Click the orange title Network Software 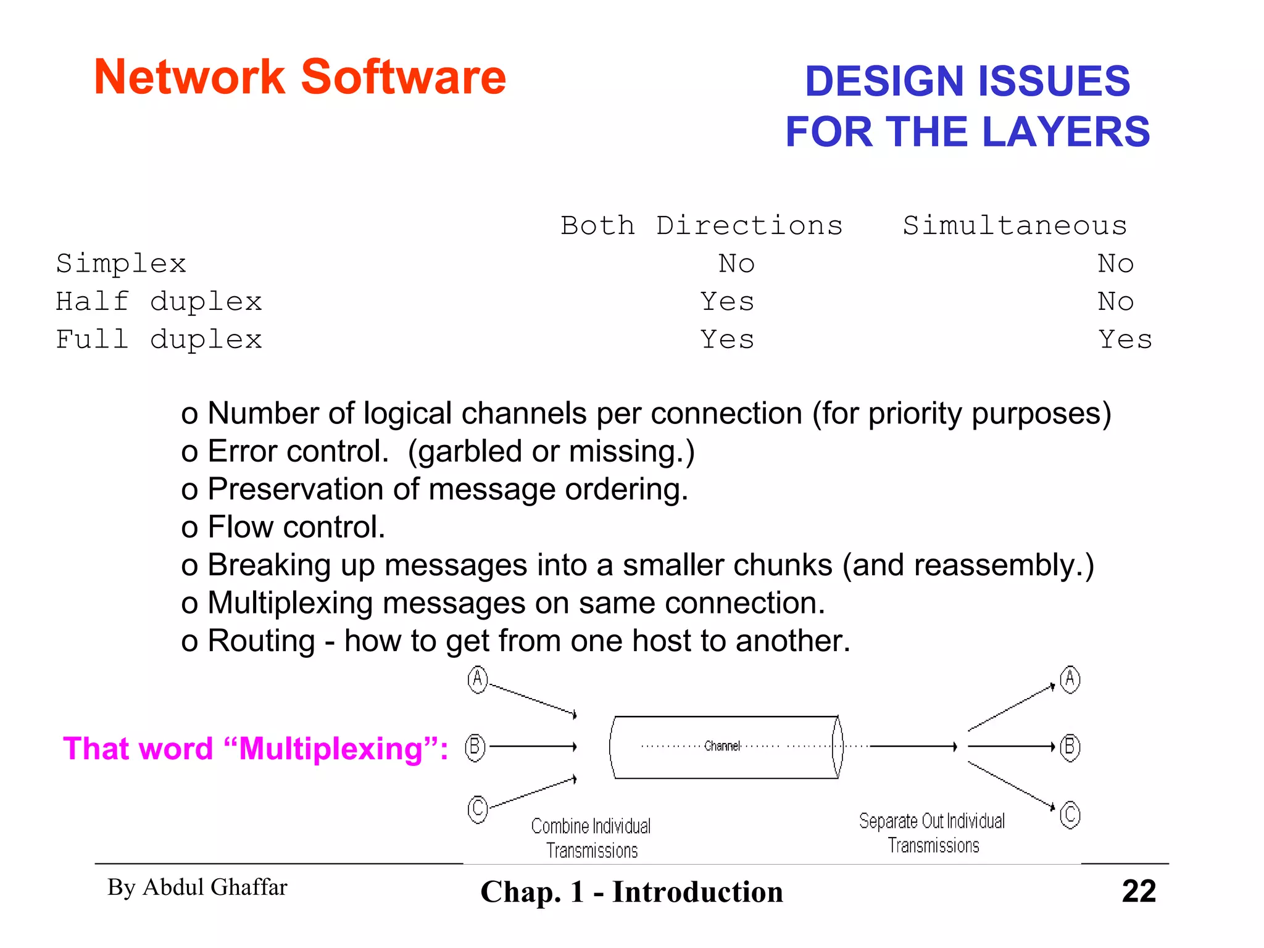(x=300, y=77)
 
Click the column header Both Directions (x=701, y=226)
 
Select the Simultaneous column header (x=1015, y=226)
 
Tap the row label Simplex (x=121, y=264)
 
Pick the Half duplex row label (x=159, y=302)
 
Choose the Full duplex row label (x=159, y=339)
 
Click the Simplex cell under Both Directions (x=736, y=264)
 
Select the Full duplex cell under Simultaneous (x=1125, y=339)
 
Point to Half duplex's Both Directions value (x=727, y=302)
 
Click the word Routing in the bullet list (x=261, y=641)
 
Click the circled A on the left (x=477, y=680)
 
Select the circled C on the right (x=1070, y=815)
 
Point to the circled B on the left (x=475, y=747)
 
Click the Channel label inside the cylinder (x=721, y=746)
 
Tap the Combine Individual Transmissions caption (x=591, y=838)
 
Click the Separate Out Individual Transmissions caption (x=933, y=833)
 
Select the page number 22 (x=1139, y=891)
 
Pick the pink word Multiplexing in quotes (x=330, y=749)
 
